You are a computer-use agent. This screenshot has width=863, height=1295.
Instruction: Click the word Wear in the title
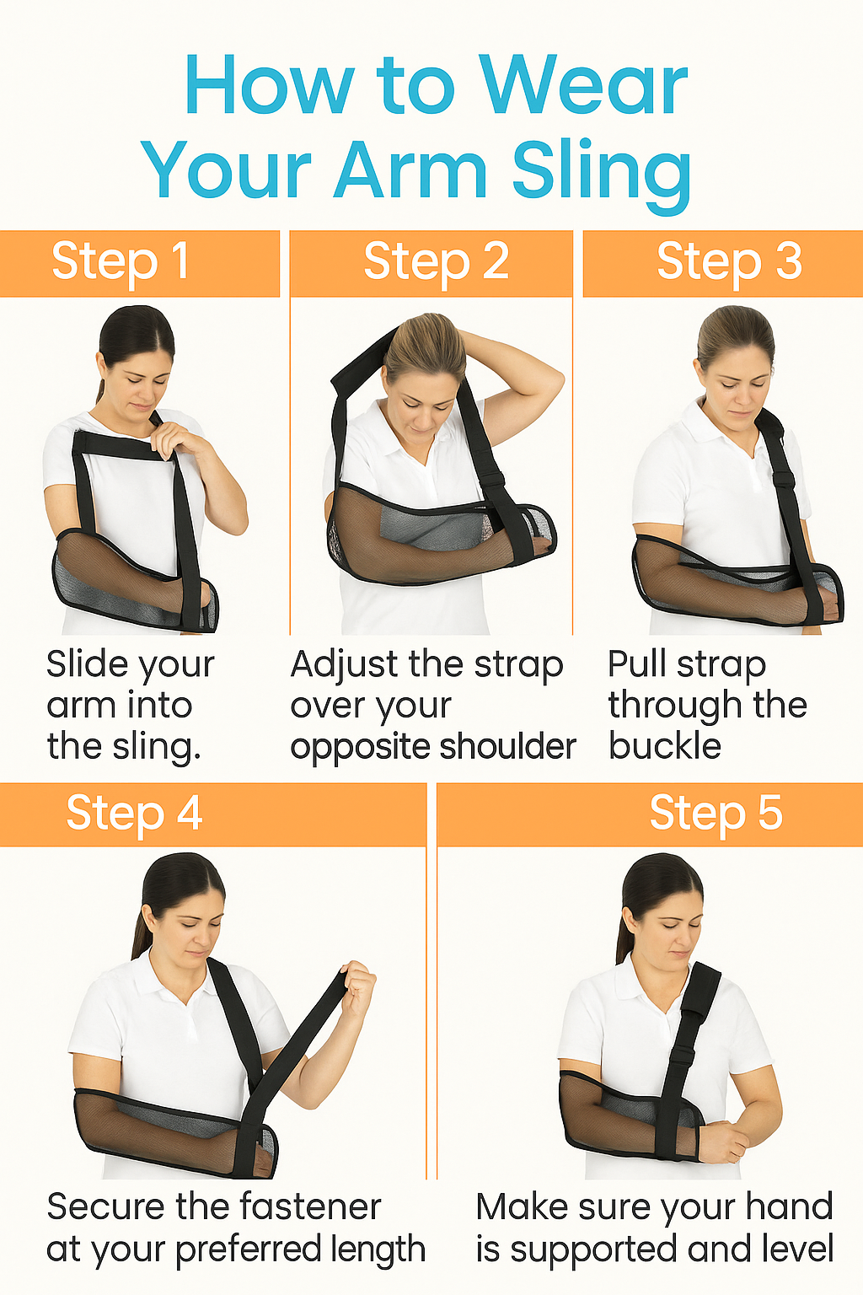[583, 86]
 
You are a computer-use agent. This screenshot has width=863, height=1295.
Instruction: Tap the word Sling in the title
[602, 172]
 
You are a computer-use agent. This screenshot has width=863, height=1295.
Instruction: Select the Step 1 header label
[121, 261]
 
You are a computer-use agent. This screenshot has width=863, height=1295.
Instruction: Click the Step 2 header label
[436, 261]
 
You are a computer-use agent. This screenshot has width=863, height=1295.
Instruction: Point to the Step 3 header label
[729, 261]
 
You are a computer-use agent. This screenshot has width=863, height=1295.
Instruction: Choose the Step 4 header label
[135, 814]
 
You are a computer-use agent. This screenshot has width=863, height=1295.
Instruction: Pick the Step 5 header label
[716, 814]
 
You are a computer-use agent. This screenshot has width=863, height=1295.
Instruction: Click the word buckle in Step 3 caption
[665, 746]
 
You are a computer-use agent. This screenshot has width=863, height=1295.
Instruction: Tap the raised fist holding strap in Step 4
[358, 982]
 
